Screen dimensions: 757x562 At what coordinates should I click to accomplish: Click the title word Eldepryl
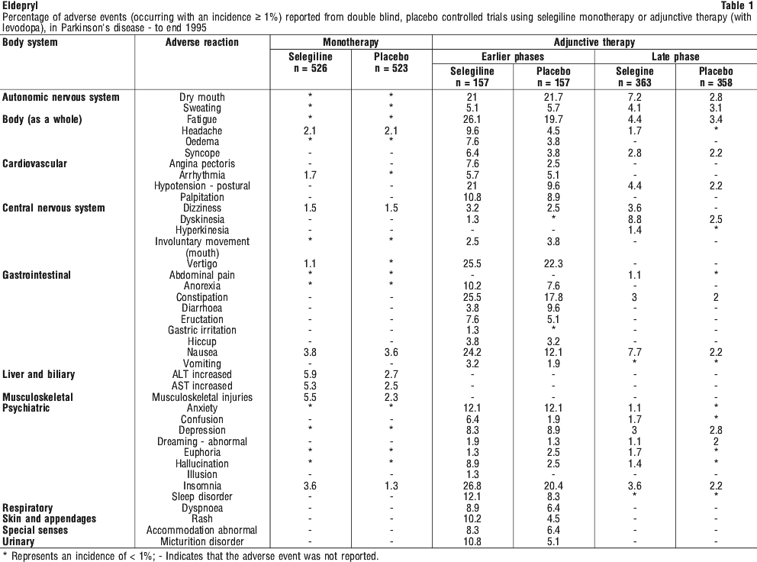pos(21,6)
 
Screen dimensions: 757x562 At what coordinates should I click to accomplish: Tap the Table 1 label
pos(736,5)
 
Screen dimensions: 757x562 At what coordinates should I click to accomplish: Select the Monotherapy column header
pos(351,42)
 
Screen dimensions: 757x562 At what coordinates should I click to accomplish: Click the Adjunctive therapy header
pos(594,42)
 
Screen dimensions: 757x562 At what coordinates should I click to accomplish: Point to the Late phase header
pos(675,57)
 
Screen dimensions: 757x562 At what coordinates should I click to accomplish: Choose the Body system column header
pos(30,42)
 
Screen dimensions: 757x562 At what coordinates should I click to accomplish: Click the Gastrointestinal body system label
pos(37,275)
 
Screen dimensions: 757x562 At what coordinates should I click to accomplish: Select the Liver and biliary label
pos(39,374)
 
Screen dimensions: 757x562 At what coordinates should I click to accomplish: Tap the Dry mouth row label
pos(201,97)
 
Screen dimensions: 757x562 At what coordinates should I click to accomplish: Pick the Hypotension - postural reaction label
pos(201,186)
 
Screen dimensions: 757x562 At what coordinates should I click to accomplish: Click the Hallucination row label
pos(201,463)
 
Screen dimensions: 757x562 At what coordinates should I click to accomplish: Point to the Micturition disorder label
pos(201,541)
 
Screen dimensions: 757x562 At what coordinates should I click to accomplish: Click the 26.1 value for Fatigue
pos(472,119)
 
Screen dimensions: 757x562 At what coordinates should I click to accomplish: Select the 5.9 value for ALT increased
pos(310,374)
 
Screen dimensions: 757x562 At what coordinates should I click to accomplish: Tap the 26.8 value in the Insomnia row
pos(472,486)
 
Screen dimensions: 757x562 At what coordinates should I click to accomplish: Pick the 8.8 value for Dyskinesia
pos(634,219)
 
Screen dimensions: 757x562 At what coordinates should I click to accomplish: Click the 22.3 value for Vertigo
pos(553,264)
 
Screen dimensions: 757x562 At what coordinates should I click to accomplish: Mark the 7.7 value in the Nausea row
pos(634,352)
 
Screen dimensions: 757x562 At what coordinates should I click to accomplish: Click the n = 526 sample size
pos(311,69)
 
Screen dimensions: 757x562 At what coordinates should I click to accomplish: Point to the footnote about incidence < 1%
pos(191,556)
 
